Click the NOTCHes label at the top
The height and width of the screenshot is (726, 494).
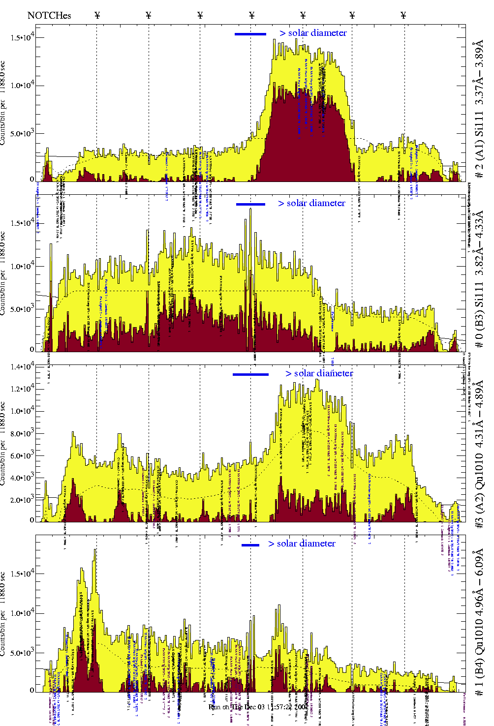[49, 15]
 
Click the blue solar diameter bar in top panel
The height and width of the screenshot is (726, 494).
[250, 34]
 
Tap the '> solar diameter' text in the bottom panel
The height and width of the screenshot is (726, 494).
[302, 544]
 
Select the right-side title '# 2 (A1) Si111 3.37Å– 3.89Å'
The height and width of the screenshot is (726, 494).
[479, 111]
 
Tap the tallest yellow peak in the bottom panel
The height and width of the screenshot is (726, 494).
[94, 551]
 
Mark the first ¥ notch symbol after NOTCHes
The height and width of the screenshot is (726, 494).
[97, 15]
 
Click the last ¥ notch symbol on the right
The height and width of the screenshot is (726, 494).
[403, 15]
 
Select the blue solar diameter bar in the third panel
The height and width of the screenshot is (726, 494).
[250, 374]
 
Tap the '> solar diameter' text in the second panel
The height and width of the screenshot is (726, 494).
[311, 203]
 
